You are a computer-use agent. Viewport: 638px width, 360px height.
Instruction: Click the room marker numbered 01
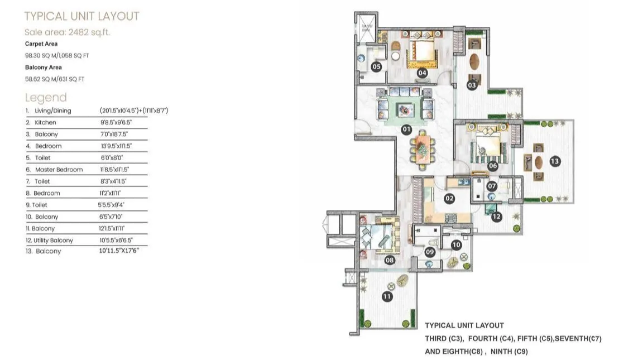(x=406, y=129)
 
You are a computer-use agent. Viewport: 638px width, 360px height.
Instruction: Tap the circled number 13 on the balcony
(x=554, y=161)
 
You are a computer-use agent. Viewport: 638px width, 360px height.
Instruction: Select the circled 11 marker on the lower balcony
(x=387, y=296)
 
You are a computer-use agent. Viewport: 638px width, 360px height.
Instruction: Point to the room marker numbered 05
(x=376, y=67)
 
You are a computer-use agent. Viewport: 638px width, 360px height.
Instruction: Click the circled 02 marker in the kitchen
(x=449, y=198)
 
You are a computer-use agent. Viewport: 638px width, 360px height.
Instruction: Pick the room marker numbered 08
(x=389, y=260)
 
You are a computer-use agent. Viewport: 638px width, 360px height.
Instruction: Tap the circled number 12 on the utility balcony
(x=497, y=217)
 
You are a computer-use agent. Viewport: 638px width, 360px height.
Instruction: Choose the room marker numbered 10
(x=456, y=244)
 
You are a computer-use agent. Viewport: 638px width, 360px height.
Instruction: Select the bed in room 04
(x=422, y=52)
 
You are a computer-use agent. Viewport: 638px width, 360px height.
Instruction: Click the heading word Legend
(x=46, y=97)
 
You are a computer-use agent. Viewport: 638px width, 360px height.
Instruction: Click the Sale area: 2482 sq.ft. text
(x=68, y=32)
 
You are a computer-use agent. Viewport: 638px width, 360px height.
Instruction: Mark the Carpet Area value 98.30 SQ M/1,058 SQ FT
(x=57, y=55)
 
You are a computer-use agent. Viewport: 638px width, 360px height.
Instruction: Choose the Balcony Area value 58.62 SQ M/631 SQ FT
(x=54, y=79)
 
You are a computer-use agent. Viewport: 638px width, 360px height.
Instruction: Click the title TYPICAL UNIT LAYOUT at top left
(x=81, y=16)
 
